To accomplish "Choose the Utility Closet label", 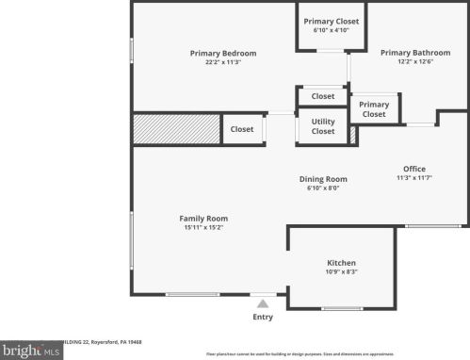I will (x=323, y=125).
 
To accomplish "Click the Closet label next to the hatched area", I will (x=242, y=129).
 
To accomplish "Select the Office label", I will (x=414, y=169).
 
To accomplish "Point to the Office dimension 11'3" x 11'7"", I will (x=414, y=178).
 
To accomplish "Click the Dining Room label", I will (x=323, y=179).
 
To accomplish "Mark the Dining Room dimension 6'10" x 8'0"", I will (x=323, y=188).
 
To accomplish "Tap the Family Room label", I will (x=203, y=219).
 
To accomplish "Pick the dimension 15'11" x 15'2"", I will (x=203, y=228).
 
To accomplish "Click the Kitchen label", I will (x=341, y=262).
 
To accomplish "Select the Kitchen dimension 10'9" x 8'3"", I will (x=341, y=271).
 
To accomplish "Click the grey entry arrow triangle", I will (x=263, y=303).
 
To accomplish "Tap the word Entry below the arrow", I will (x=263, y=318).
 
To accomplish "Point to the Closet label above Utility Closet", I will (x=323, y=96).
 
